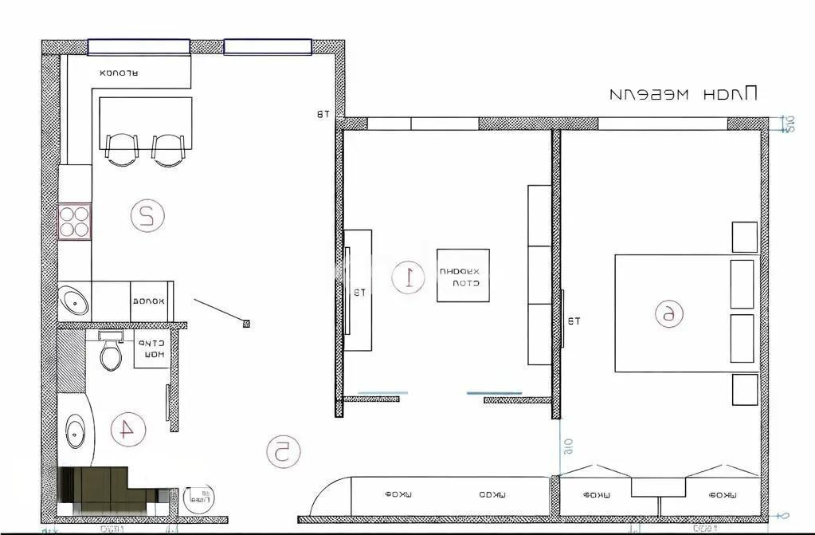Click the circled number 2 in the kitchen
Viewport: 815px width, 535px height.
coord(147,215)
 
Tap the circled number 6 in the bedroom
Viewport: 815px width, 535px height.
coord(668,314)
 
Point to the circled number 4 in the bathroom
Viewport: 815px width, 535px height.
coord(125,430)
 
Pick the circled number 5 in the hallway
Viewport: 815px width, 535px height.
coord(282,451)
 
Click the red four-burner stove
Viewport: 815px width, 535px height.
coord(75,221)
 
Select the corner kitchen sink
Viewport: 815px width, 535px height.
coord(76,301)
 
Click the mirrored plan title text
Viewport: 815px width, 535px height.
coord(683,93)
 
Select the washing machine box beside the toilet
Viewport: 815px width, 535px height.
coord(151,349)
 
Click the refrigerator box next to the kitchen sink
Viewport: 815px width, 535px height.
coord(152,301)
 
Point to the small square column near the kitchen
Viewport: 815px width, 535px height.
coord(246,323)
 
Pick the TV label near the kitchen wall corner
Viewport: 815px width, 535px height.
coord(322,116)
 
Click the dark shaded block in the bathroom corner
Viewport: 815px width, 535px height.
coord(104,489)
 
